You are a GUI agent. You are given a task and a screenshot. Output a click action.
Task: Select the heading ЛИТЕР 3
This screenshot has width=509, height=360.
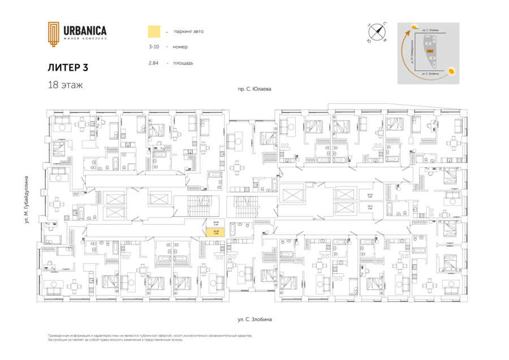point(68,67)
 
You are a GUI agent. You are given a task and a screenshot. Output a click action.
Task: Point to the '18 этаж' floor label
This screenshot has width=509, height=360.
point(65,85)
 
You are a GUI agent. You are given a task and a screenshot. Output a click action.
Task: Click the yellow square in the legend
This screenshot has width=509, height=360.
point(153,31)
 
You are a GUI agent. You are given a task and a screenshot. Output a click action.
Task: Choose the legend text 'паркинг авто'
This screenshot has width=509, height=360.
point(189,31)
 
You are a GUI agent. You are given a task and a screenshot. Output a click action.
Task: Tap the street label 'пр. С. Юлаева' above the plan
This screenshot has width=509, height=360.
point(255,89)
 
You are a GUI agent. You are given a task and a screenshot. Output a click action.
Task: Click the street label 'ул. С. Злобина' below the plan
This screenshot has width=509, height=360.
point(255,320)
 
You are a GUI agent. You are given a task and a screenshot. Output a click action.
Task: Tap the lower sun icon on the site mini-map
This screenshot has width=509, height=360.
point(452,71)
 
